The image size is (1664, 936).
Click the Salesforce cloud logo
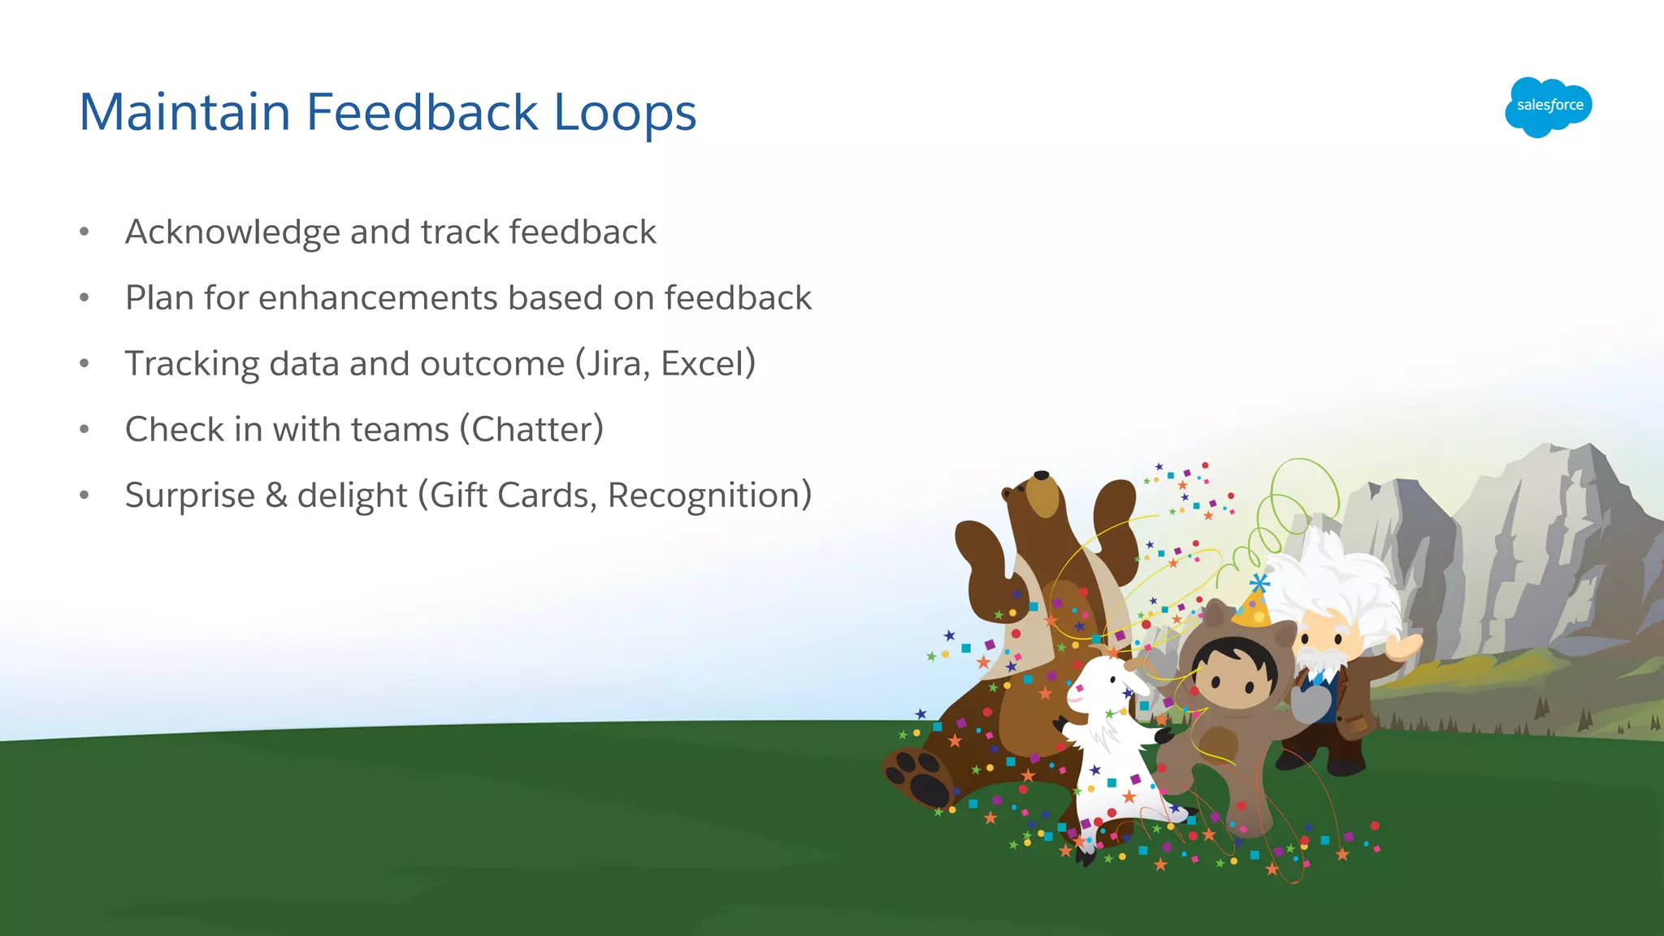(x=1549, y=106)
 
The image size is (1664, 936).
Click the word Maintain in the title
(x=184, y=112)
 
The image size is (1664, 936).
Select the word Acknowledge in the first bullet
(x=232, y=233)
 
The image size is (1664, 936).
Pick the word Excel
(x=703, y=364)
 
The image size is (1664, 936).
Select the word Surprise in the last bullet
(x=190, y=496)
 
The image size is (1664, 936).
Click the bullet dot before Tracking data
(x=84, y=363)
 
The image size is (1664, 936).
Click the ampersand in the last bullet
(x=276, y=496)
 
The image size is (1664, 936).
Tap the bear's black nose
(x=1041, y=475)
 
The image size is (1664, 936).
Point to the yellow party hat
(x=1253, y=605)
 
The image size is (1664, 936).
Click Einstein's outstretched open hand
(x=1404, y=646)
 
